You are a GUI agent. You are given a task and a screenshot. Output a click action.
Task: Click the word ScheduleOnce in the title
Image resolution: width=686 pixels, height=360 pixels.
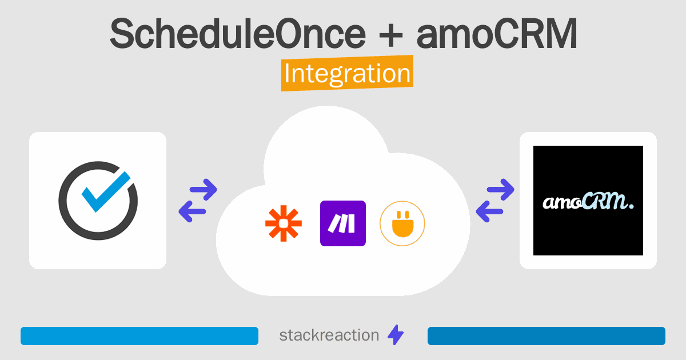point(238,34)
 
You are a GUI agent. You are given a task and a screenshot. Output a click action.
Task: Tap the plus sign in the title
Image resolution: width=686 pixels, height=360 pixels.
point(391,37)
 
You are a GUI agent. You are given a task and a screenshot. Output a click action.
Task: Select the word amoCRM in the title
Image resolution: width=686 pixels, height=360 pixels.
point(497,34)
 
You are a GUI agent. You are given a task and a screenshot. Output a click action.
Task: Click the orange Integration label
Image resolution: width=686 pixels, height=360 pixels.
point(348,73)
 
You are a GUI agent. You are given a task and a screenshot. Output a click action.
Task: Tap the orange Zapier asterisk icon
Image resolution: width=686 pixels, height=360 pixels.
point(284,223)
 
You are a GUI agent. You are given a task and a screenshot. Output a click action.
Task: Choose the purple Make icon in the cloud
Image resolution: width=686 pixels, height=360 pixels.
point(343,223)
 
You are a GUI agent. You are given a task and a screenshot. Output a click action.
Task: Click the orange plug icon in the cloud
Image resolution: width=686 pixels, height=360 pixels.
point(402,224)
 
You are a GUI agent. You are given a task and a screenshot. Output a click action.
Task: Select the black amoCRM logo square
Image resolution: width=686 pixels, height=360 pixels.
point(588,201)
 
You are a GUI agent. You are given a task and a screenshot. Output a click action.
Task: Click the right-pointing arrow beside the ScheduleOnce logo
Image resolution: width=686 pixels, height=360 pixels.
point(204,190)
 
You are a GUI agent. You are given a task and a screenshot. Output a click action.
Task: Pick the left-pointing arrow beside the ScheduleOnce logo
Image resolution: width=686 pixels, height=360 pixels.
point(192,211)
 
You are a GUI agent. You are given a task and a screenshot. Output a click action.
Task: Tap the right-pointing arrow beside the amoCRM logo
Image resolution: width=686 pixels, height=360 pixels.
point(500,190)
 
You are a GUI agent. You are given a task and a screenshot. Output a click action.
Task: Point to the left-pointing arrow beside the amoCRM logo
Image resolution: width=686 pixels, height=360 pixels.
point(489,211)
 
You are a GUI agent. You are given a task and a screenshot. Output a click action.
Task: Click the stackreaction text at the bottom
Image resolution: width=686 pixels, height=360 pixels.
point(329,335)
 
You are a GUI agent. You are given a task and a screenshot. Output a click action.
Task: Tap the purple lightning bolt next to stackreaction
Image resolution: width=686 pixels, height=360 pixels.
point(396,335)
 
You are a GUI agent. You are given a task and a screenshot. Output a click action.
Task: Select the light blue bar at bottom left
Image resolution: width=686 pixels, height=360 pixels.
point(139,336)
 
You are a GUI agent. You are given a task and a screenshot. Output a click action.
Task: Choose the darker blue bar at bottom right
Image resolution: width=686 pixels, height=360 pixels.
point(547,336)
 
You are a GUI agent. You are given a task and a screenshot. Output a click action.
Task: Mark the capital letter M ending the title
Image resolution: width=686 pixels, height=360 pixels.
point(561,34)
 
